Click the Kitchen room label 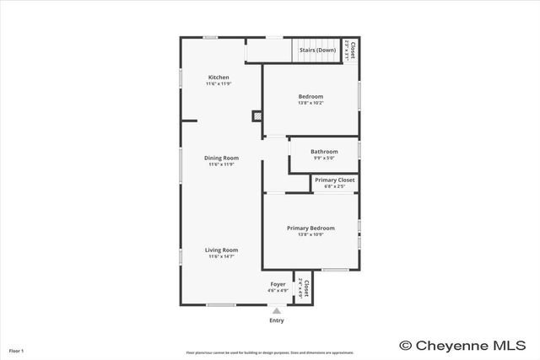pos(219,78)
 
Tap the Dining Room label pos(221,158)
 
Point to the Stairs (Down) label pos(317,50)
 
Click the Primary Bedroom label pos(310,228)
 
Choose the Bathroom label pos(324,152)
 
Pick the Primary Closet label pos(334,180)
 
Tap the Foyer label pos(278,285)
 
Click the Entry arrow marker pos(276,311)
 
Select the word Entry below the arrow pos(277,320)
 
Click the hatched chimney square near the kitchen pos(257,116)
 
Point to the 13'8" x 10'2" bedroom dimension pos(310,104)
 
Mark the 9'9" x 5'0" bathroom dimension pos(324,158)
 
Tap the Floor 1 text pos(16,350)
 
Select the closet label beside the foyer pos(305,287)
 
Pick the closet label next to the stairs pos(352,49)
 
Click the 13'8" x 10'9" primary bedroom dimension pos(310,234)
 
